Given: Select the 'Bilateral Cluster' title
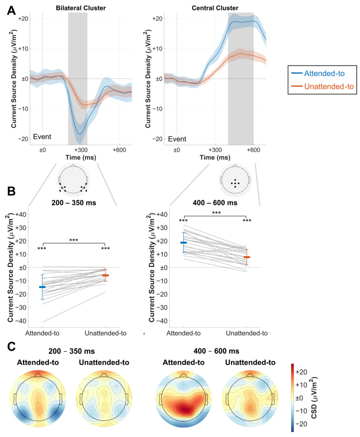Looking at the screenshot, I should [x=80, y=8].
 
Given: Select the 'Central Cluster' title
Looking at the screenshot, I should [x=215, y=8].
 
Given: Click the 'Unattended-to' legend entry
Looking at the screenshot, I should [x=327, y=86].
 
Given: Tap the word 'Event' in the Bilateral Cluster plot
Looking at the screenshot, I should [x=42, y=137].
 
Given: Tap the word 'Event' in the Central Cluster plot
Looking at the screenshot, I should [x=177, y=138].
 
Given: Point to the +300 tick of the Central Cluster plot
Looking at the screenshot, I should [x=215, y=150].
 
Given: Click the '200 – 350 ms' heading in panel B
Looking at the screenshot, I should [x=74, y=203].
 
